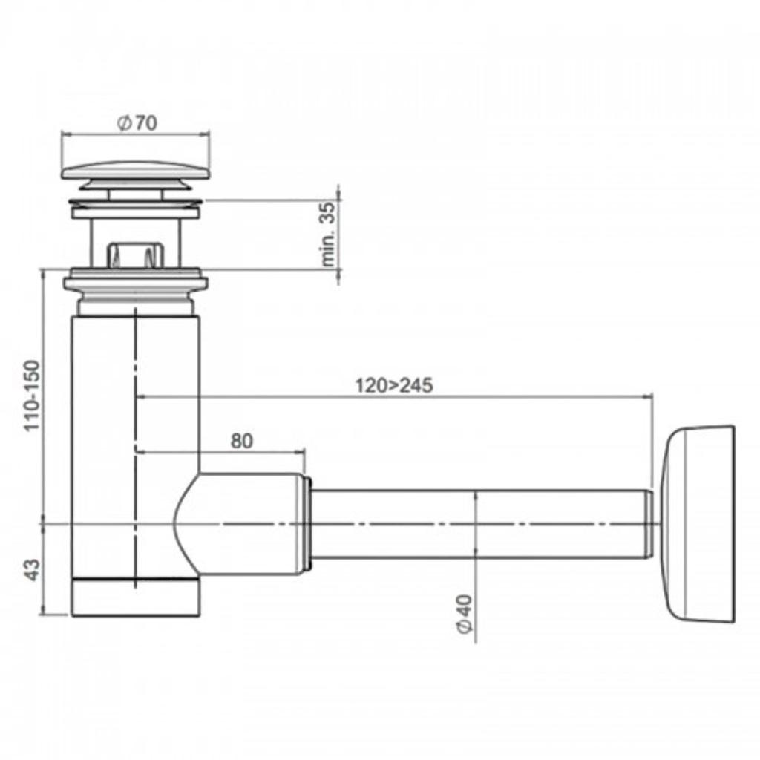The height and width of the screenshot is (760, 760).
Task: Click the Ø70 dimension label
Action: (x=137, y=123)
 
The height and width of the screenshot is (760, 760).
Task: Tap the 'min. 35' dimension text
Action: (x=329, y=234)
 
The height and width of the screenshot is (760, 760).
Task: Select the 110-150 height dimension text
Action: (x=32, y=396)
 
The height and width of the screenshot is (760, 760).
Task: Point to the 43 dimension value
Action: (x=31, y=570)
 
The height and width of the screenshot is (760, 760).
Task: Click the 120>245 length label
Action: (x=394, y=386)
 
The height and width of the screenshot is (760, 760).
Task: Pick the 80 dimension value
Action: (x=241, y=441)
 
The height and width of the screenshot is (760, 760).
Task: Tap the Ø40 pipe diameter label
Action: (x=465, y=613)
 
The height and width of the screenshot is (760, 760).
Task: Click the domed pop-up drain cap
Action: (x=136, y=171)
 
